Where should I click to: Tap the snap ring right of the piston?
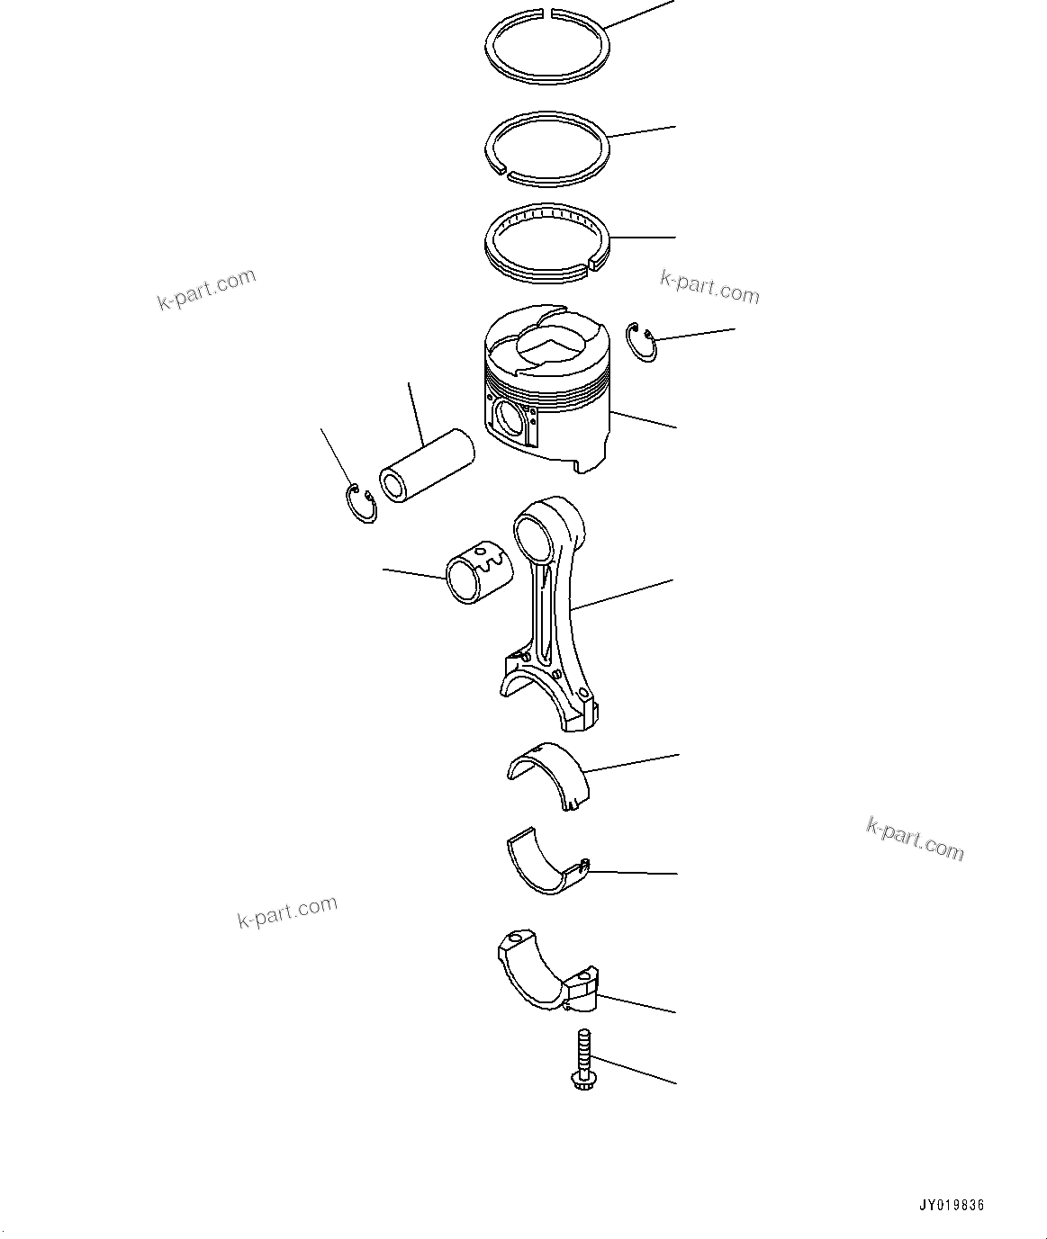point(643,343)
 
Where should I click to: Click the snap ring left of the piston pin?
point(361,505)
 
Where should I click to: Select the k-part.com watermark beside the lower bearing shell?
point(915,838)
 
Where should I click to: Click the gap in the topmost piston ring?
point(547,13)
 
